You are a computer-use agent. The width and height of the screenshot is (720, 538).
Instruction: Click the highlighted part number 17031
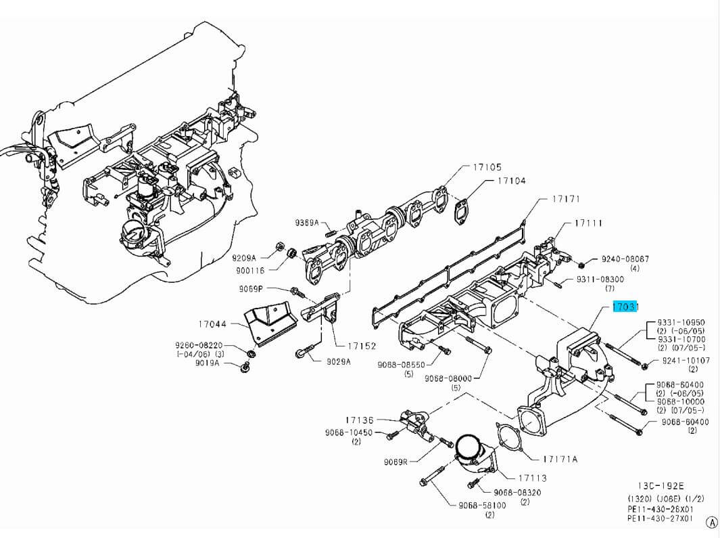pyautogui.click(x=625, y=307)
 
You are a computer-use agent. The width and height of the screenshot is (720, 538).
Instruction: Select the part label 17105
pyautogui.click(x=487, y=167)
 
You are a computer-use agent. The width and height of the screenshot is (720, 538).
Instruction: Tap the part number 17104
pyautogui.click(x=511, y=181)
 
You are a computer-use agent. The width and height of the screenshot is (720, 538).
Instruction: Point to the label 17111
pyautogui.click(x=588, y=223)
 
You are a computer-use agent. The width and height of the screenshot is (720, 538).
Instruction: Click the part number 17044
pyautogui.click(x=212, y=325)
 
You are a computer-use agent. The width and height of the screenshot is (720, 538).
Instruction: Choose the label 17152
pyautogui.click(x=362, y=346)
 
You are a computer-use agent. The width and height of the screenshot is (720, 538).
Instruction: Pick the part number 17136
pyautogui.click(x=359, y=420)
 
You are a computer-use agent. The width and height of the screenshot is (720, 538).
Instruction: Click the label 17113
pyautogui.click(x=533, y=478)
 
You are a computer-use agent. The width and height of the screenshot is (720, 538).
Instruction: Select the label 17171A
pyautogui.click(x=560, y=459)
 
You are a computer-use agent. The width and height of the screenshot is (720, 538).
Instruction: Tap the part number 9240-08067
pyautogui.click(x=625, y=259)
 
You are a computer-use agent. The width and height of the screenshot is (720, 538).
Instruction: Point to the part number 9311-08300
pyautogui.click(x=600, y=279)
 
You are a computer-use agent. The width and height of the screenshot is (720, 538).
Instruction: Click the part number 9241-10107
pyautogui.click(x=686, y=361)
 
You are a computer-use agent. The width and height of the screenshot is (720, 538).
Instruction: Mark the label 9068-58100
pyautogui.click(x=482, y=505)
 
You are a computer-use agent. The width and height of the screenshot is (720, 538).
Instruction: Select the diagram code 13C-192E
pyautogui.click(x=661, y=486)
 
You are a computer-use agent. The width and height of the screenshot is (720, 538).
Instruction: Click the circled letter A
pyautogui.click(x=712, y=522)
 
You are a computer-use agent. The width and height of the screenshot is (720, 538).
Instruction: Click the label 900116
pyautogui.click(x=250, y=270)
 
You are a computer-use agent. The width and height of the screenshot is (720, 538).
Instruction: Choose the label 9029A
pyautogui.click(x=339, y=361)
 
